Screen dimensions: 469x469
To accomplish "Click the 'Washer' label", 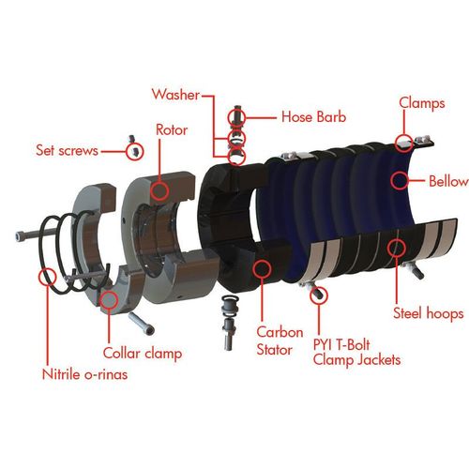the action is (x=175, y=95).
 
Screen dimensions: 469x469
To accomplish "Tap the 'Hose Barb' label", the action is (x=314, y=117).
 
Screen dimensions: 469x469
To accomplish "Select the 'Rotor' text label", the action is (x=172, y=130).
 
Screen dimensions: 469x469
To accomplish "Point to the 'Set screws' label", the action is (x=68, y=150).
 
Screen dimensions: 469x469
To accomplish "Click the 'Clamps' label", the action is (x=422, y=103).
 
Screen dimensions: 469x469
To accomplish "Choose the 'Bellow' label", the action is (x=448, y=181).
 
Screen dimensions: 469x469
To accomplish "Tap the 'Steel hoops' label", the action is (x=429, y=313).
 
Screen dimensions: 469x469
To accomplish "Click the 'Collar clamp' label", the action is (x=143, y=354).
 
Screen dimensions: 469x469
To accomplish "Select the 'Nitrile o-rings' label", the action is (x=85, y=374).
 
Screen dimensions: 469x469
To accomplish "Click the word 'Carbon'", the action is (x=280, y=332).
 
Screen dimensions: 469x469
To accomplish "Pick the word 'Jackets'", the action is (x=379, y=360).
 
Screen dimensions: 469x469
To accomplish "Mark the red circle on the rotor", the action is (x=159, y=190).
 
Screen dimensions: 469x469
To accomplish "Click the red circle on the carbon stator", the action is (x=262, y=268).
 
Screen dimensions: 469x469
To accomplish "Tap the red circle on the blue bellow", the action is (x=400, y=180).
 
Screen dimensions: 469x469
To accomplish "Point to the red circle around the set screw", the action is (x=135, y=152).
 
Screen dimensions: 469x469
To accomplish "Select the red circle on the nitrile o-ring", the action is (x=48, y=277).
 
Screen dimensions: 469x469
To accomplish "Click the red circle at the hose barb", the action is (x=236, y=117).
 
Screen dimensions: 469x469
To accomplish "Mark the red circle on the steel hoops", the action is (x=397, y=248).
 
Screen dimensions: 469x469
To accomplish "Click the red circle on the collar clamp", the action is (x=109, y=299).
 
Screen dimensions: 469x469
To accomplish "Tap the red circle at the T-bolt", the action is (x=319, y=295).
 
